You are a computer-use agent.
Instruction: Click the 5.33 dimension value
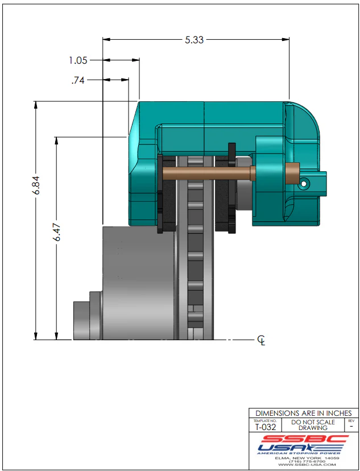[x=195, y=40]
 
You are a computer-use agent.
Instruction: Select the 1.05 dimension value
[x=78, y=60]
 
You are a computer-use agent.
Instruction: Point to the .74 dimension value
[x=78, y=80]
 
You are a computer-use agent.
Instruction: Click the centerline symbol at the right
[x=261, y=340]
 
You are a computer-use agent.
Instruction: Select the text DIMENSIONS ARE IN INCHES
[x=304, y=413]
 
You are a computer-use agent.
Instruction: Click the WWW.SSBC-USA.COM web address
[x=306, y=465]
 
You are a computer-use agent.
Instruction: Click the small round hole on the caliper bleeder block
[x=305, y=184]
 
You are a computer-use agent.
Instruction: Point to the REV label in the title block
[x=351, y=420]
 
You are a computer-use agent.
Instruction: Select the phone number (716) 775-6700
[x=306, y=461]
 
